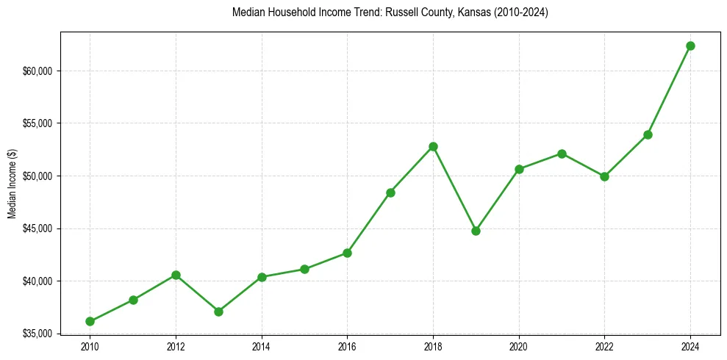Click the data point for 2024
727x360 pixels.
tap(690, 46)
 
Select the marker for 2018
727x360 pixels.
tap(433, 146)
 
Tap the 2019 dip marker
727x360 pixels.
tap(476, 231)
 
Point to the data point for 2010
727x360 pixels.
tap(90, 321)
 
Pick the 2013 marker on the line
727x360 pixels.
tap(218, 312)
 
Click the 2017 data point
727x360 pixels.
tap(390, 192)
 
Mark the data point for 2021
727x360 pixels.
tap(562, 154)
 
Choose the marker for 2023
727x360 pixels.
tap(648, 134)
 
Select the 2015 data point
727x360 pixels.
tap(304, 269)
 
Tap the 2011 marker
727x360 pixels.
tap(133, 300)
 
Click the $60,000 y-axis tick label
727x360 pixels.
tap(38, 71)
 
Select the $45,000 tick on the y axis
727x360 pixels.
tap(38, 228)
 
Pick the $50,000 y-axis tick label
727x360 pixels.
tap(38, 176)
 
